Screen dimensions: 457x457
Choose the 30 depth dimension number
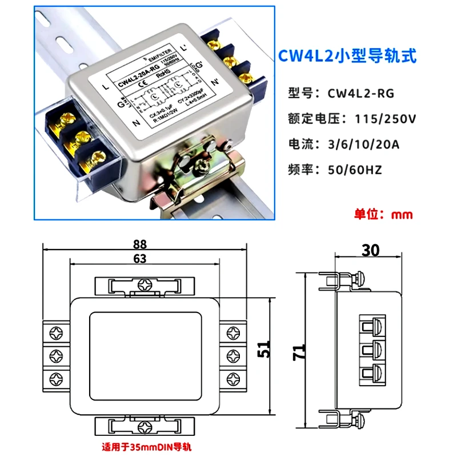(x=372, y=250)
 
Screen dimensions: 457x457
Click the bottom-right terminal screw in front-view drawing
(x=233, y=378)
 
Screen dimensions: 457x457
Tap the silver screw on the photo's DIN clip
(x=203, y=166)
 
